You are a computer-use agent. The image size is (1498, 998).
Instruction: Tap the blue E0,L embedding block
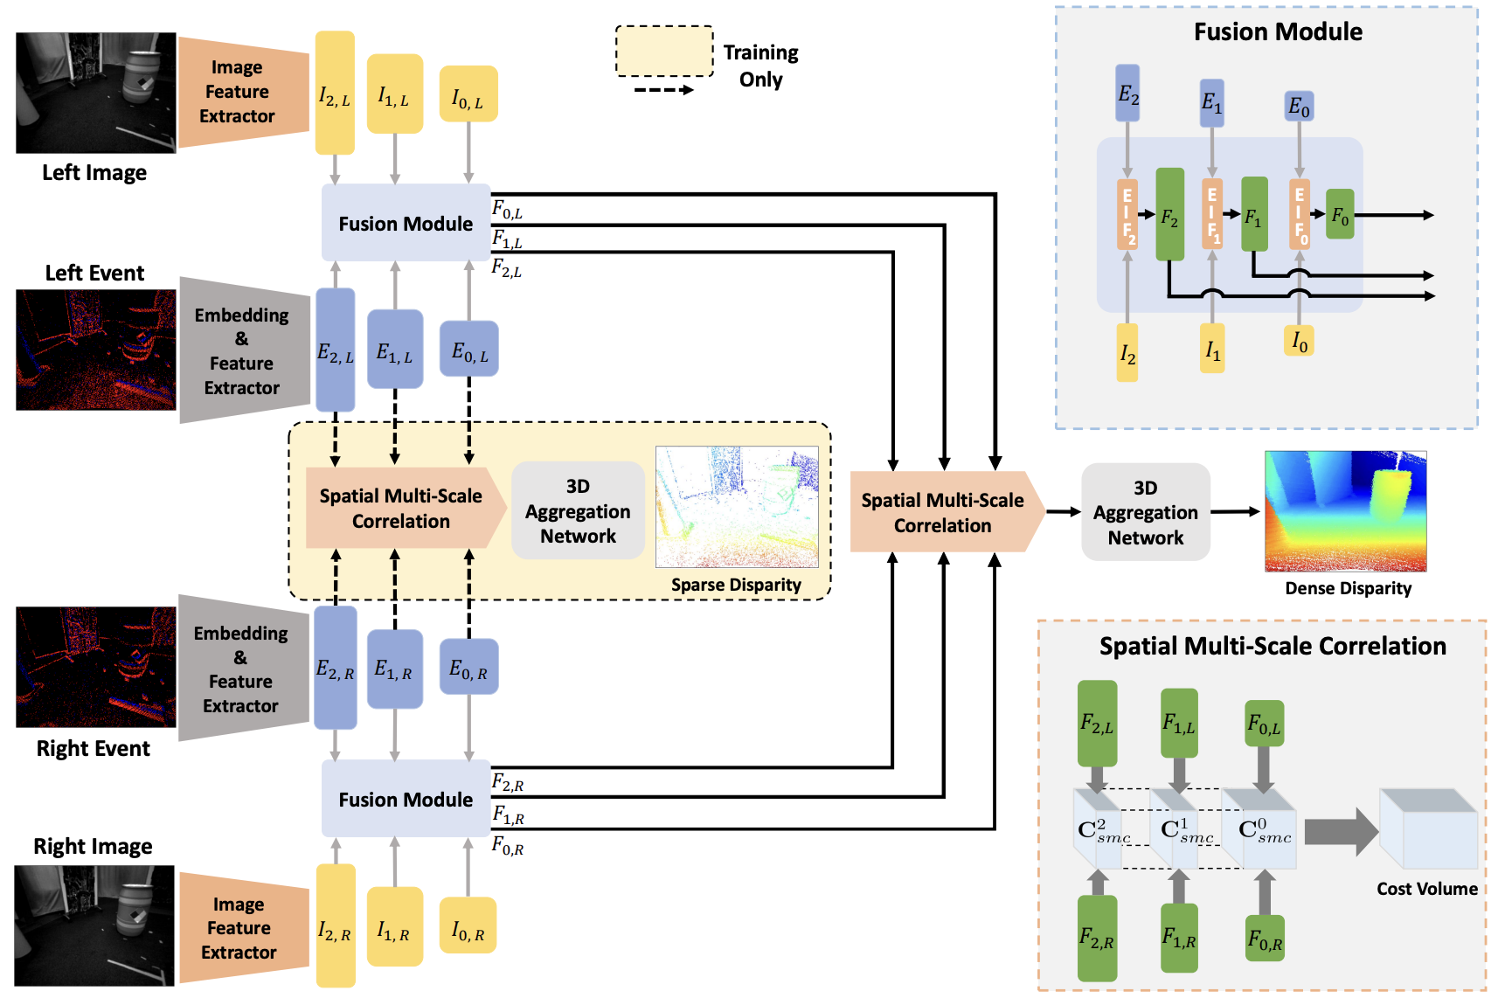tap(469, 350)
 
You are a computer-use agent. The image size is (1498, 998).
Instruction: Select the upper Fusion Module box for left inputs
tap(406, 223)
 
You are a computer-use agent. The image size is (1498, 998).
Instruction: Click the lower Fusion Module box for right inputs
tap(406, 799)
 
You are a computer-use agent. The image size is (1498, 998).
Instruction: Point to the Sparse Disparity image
tap(737, 507)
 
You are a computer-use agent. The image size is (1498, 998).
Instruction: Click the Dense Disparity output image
tap(1345, 511)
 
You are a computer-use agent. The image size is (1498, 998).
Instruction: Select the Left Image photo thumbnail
tap(95, 94)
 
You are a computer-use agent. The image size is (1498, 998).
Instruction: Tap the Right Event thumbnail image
tap(95, 668)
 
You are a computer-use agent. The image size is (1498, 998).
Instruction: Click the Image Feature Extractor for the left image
tap(239, 92)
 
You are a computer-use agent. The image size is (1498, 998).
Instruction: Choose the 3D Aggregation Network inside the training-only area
tap(578, 510)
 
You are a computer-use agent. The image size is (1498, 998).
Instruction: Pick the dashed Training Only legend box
tap(664, 52)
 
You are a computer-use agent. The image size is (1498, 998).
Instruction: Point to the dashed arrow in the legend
tap(663, 90)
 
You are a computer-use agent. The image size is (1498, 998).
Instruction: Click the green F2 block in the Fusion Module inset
tap(1169, 215)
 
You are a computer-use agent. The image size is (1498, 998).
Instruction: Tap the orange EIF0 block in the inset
tap(1300, 215)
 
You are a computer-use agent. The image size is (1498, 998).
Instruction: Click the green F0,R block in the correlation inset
tap(1265, 939)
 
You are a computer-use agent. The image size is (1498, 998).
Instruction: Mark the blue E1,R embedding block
tap(394, 669)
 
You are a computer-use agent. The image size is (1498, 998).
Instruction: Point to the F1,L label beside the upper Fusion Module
tap(507, 239)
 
